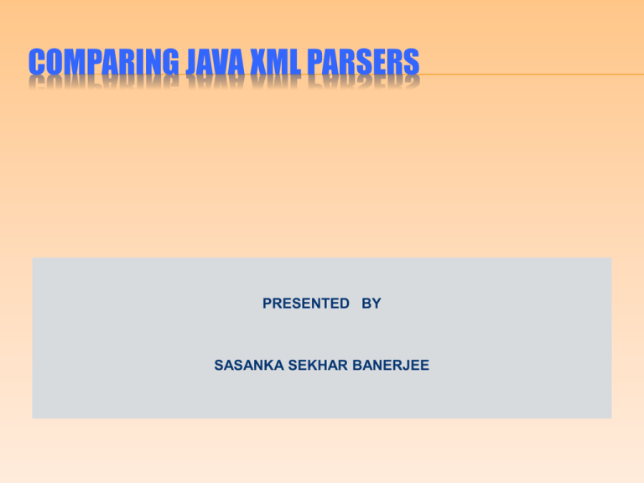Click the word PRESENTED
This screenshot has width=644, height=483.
(x=306, y=304)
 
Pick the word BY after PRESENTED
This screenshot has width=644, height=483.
(x=371, y=304)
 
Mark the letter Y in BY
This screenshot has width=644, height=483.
(x=377, y=304)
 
